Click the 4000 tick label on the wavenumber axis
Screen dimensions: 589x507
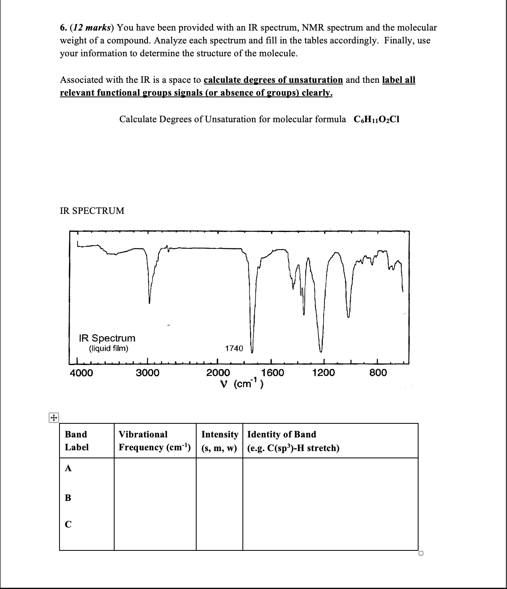(x=81, y=373)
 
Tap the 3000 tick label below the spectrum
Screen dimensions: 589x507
(x=147, y=373)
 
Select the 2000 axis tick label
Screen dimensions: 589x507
(x=218, y=373)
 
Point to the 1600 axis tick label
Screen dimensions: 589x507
(x=272, y=373)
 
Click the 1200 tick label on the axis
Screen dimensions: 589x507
(x=323, y=373)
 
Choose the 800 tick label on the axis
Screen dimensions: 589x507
(x=378, y=373)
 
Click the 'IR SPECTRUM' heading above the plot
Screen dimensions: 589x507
(x=92, y=211)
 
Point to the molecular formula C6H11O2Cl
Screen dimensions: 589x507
(x=376, y=119)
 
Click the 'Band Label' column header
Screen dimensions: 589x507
(x=76, y=441)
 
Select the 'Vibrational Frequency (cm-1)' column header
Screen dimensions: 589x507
(x=154, y=441)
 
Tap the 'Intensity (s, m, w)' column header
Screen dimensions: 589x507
(x=220, y=441)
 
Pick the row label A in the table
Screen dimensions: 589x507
(x=68, y=468)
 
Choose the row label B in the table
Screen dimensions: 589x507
(x=68, y=498)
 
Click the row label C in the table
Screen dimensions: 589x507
(x=68, y=524)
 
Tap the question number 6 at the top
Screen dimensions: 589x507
(x=63, y=28)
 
